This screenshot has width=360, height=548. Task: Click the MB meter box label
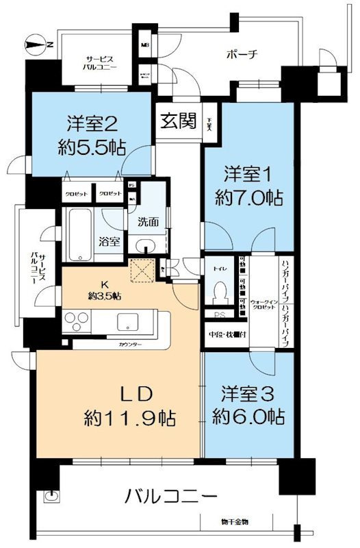tap(144, 46)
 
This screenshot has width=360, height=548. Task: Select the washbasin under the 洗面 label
tap(145, 247)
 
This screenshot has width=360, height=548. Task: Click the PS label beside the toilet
tap(220, 316)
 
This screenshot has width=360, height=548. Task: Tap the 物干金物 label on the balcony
tap(233, 523)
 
